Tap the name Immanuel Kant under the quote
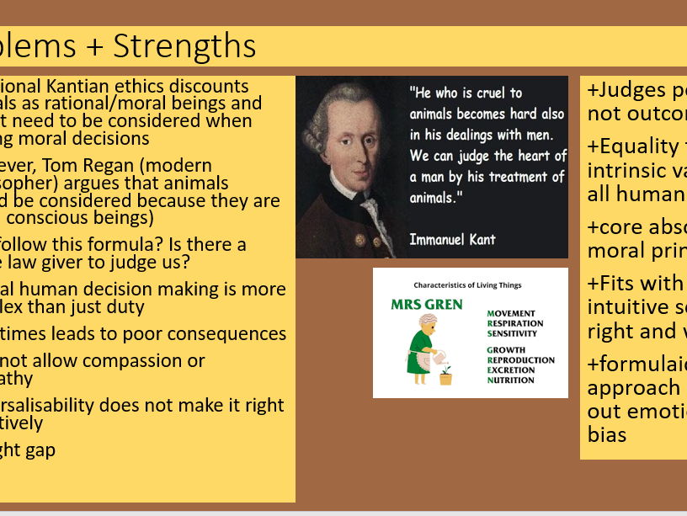point(452,239)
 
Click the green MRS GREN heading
point(426,304)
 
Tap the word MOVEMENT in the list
point(511,314)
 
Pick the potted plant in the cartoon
point(445,375)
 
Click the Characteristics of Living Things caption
point(469,285)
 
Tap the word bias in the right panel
point(607,435)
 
